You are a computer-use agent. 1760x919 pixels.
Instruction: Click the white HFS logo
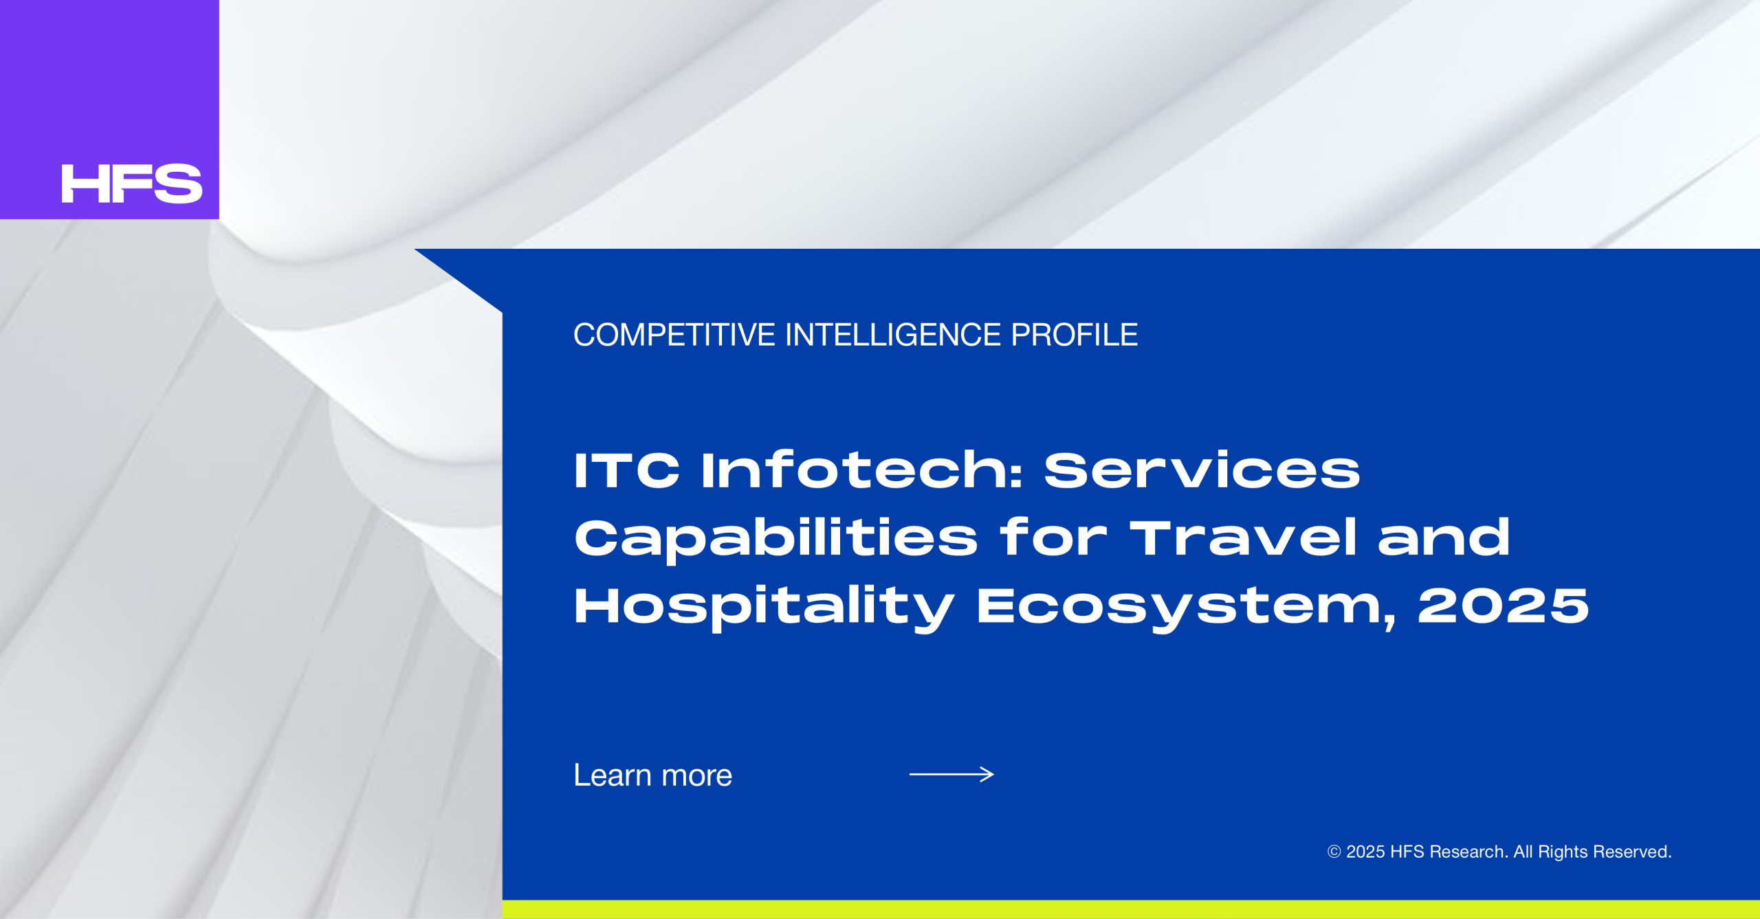(x=131, y=184)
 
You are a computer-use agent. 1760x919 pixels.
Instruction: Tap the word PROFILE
(x=1075, y=335)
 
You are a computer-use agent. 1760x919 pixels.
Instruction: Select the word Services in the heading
(x=1202, y=471)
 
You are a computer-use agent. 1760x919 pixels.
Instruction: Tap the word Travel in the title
(x=1244, y=538)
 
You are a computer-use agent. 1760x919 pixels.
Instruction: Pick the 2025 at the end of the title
(x=1504, y=606)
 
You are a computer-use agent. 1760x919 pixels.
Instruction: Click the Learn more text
(x=653, y=775)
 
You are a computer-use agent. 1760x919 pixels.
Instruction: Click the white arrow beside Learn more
(x=951, y=775)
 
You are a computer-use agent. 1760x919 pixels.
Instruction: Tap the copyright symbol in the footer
(x=1334, y=852)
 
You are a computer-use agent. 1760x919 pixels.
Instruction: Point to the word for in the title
(x=1053, y=538)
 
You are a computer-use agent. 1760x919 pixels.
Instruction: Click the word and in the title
(x=1444, y=538)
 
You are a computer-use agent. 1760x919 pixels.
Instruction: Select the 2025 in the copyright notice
(x=1365, y=852)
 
